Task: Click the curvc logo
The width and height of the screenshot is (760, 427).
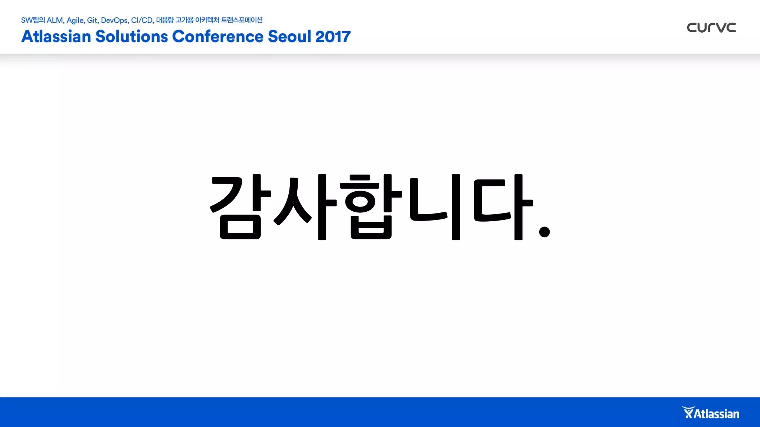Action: pos(711,27)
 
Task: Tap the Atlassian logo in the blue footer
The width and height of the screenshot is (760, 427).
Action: pos(711,413)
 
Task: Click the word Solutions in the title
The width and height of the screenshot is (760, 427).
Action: pos(132,36)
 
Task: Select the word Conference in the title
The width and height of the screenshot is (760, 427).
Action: pos(217,36)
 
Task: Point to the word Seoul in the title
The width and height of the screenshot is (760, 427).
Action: pos(289,36)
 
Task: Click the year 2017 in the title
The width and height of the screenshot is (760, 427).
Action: pos(333,36)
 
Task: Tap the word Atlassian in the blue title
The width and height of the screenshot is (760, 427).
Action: pos(56,36)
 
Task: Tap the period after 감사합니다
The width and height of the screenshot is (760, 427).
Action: pos(544,232)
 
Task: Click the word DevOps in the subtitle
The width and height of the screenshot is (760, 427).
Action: pos(115,20)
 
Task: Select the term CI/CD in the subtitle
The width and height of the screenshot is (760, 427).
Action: pos(142,20)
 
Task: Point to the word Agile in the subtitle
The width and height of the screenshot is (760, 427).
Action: pos(75,20)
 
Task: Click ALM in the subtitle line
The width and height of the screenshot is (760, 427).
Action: pos(55,20)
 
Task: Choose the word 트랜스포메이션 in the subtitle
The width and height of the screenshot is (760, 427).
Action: pos(242,20)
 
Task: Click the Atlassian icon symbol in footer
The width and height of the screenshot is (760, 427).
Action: pos(688,412)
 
